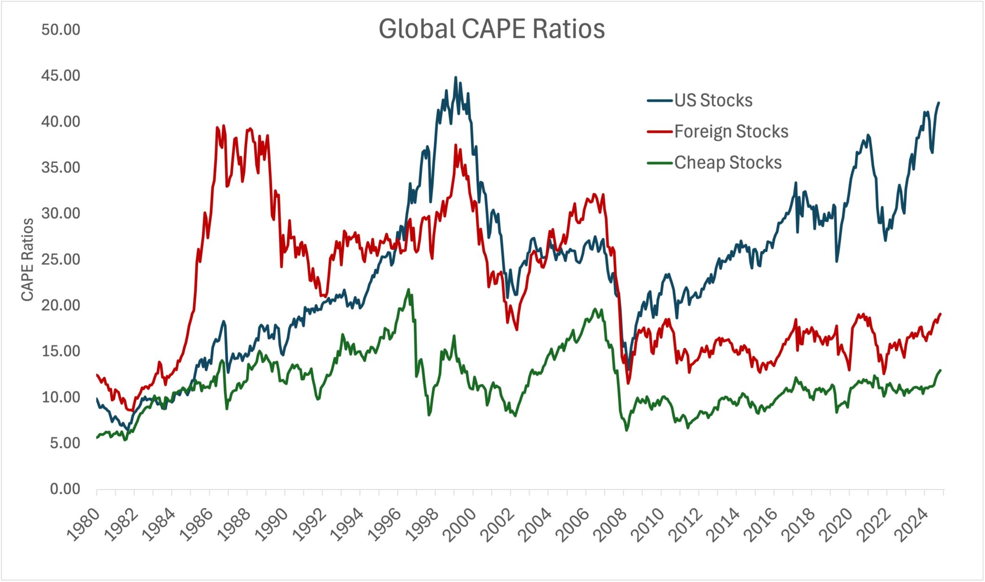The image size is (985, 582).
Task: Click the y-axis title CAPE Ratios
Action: pyautogui.click(x=27, y=260)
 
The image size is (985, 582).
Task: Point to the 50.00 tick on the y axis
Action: pyautogui.click(x=61, y=30)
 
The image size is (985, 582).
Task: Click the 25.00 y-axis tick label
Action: pyautogui.click(x=61, y=259)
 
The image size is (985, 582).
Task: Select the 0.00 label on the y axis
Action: pyautogui.click(x=65, y=489)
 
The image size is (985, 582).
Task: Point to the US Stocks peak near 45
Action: pyautogui.click(x=455, y=77)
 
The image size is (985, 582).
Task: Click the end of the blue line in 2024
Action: pyautogui.click(x=939, y=102)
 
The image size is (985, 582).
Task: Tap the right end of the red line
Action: pyautogui.click(x=940, y=314)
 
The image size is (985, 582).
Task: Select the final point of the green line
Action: pyautogui.click(x=940, y=370)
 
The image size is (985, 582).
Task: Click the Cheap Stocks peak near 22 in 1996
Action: pyautogui.click(x=408, y=290)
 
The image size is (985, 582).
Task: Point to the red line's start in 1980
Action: pyautogui.click(x=97, y=375)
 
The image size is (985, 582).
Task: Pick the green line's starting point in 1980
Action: pyautogui.click(x=97, y=438)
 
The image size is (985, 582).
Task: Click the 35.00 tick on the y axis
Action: pyautogui.click(x=61, y=167)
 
